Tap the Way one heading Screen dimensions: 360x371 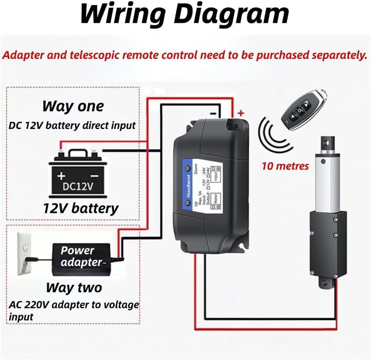coord(73,106)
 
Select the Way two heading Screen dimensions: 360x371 coord(74,287)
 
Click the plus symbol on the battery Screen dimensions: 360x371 coord(62,174)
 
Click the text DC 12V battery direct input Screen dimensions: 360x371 coord(72,125)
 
